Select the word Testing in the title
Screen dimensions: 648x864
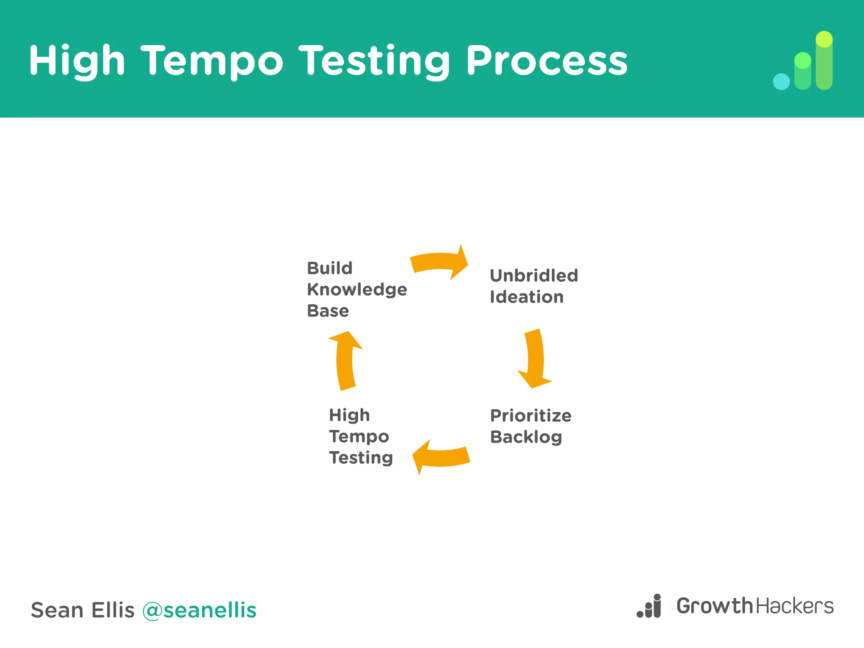(375, 62)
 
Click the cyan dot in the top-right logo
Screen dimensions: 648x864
(781, 82)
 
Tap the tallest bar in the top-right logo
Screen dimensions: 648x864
(824, 61)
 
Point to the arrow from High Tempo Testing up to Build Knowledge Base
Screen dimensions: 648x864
(345, 361)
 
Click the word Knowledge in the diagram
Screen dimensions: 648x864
(357, 290)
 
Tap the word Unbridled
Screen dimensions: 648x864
(534, 276)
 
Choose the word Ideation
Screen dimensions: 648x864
(526, 297)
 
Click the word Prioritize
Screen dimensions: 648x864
(531, 416)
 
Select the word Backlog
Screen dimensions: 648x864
(526, 437)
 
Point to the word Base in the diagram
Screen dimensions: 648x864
(328, 311)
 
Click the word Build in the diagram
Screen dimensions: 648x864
(329, 268)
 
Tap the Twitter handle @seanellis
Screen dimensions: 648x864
(199, 610)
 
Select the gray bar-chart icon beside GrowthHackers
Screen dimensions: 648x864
(649, 606)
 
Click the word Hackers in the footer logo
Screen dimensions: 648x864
(795, 606)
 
